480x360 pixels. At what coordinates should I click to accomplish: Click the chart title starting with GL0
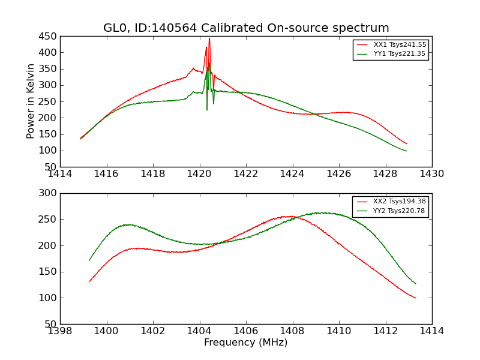[246, 28]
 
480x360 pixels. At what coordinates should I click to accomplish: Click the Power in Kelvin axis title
[31, 101]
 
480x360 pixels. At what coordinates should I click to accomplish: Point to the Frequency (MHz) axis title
[246, 343]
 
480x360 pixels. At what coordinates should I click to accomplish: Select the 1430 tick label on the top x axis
[431, 174]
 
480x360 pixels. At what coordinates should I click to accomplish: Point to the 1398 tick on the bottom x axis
[60, 331]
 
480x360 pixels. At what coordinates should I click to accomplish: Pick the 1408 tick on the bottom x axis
[292, 331]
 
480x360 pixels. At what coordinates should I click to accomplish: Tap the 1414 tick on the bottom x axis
[431, 331]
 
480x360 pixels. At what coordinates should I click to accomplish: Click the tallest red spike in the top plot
[209, 39]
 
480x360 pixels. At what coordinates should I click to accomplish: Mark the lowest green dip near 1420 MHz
[207, 109]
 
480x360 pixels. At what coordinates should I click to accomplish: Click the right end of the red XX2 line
[415, 298]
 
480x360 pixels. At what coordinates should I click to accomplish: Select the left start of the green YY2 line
[89, 260]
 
